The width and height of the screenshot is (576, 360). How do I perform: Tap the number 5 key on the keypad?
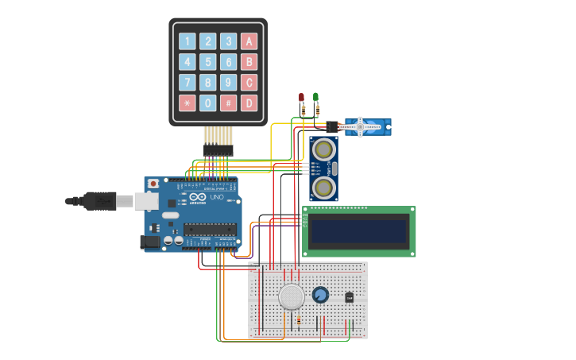tap(207, 62)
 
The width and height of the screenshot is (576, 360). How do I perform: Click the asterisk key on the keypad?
tap(187, 103)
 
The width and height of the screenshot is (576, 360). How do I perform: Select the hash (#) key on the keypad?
tap(228, 103)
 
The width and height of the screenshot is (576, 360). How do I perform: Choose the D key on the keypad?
tap(249, 103)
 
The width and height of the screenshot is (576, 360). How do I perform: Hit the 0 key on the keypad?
tap(207, 103)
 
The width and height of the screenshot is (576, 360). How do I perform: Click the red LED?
tap(301, 98)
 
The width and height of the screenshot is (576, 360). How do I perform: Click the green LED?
tap(315, 98)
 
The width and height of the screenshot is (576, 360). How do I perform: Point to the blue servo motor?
tap(367, 126)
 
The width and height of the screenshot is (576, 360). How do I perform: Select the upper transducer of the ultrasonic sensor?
tap(323, 149)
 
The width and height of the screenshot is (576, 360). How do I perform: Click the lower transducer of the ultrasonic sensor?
tap(323, 188)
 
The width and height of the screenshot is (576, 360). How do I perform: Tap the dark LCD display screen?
tap(359, 231)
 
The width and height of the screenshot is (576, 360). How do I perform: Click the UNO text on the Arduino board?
tap(216, 197)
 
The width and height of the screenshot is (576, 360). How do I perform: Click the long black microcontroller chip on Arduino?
tap(210, 230)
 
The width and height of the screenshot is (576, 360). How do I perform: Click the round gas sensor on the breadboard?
tap(292, 296)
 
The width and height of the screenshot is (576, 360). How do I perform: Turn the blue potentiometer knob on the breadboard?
tap(320, 295)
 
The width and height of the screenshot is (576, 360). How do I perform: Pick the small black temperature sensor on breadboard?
tap(349, 297)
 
